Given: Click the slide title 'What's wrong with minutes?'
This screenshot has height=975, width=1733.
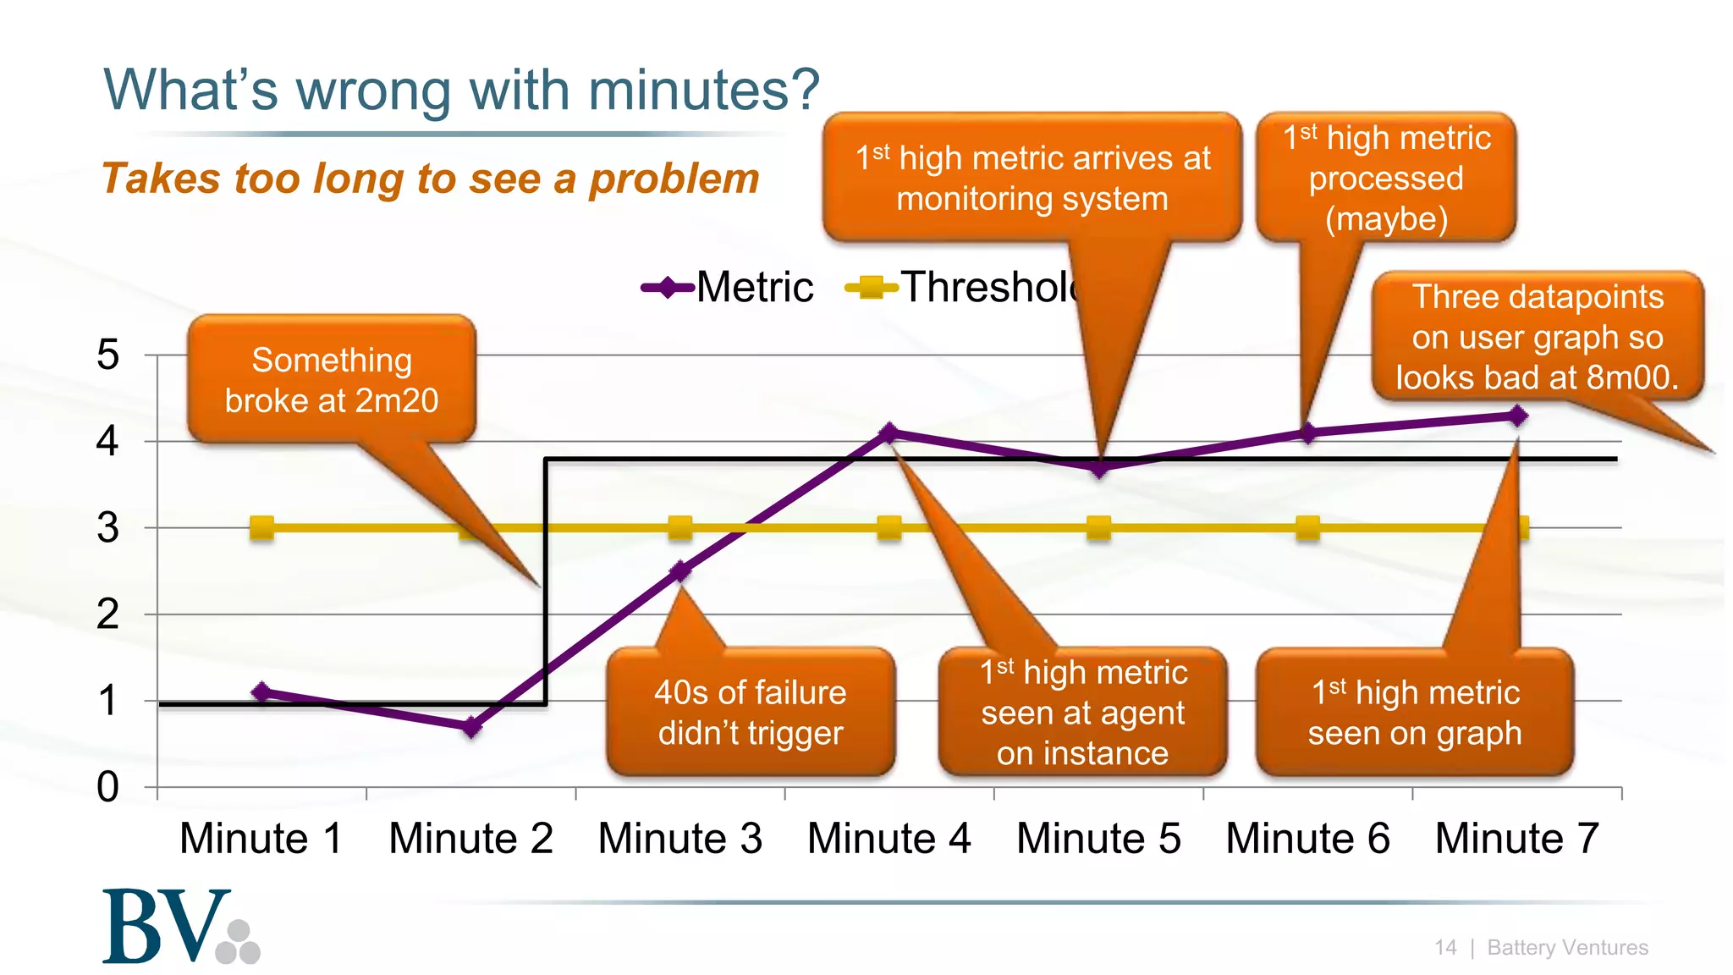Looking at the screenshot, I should [x=461, y=90].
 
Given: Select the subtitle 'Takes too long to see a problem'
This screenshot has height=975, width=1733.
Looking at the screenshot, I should [x=430, y=179].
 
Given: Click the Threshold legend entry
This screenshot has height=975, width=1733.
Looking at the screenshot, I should [x=965, y=287].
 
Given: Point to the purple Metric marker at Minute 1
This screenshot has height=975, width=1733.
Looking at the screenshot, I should [x=262, y=692].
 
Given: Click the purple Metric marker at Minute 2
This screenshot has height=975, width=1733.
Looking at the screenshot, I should [x=472, y=727].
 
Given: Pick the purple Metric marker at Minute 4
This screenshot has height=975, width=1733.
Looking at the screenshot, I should [x=889, y=433].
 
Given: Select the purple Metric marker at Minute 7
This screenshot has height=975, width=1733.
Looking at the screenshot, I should [x=1518, y=416].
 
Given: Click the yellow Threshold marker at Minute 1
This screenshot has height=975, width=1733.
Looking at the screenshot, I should [x=262, y=528].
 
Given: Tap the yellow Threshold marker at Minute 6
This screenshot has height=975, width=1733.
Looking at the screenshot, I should [x=1308, y=528].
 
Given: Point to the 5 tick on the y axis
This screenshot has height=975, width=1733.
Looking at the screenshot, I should [x=107, y=355].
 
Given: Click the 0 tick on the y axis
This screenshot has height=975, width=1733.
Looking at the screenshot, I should [x=107, y=787].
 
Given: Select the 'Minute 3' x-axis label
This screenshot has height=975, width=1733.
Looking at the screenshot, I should [x=680, y=839].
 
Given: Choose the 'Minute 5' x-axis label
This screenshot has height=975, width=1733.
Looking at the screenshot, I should [x=1098, y=839].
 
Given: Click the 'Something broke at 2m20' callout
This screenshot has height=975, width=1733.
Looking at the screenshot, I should [x=332, y=380].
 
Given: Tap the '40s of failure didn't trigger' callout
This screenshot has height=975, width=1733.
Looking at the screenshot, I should [x=751, y=712].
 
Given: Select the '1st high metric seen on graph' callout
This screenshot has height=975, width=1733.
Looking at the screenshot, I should [x=1415, y=712].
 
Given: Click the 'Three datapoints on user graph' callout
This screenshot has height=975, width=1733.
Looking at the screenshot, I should [x=1538, y=337].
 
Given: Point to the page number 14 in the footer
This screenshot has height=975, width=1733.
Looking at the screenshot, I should [x=1445, y=947].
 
